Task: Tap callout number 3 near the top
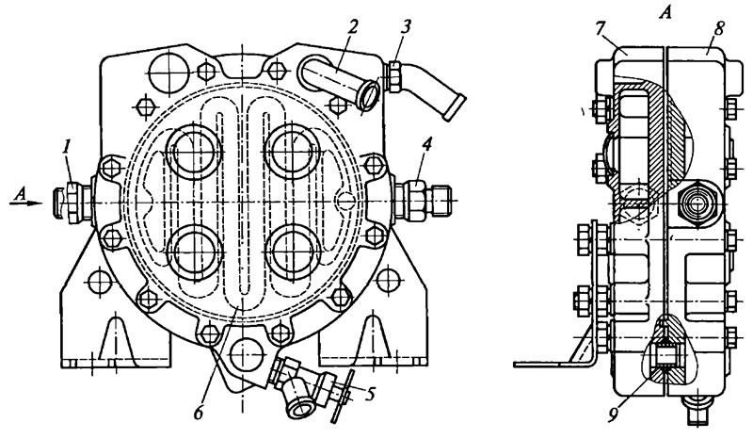coord(406,27)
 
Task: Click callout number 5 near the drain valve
coord(369,395)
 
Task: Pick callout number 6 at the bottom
coord(200,413)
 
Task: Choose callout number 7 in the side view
coord(599,29)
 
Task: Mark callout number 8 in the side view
coord(718,29)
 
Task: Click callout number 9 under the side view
coord(613,415)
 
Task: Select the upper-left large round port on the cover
coord(194,151)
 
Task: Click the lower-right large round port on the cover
coord(292,252)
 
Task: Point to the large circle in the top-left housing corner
coord(170,73)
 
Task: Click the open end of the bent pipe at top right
coord(454,107)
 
